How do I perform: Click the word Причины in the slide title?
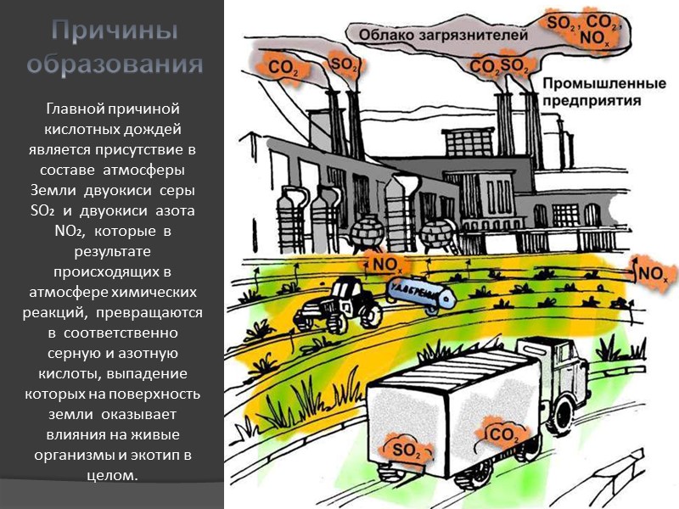tap(113, 32)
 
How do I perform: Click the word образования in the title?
tap(113, 64)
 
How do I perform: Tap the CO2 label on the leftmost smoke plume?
tap(283, 66)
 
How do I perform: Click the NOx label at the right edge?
tap(652, 273)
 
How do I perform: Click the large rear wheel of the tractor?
tap(369, 313)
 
